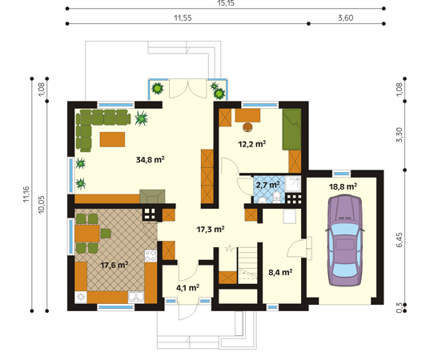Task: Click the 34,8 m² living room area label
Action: pyautogui.click(x=151, y=159)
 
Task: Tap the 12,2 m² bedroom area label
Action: pyautogui.click(x=251, y=144)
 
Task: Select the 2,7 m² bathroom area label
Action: pyautogui.click(x=267, y=185)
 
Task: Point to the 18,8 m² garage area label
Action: pyautogui.click(x=343, y=187)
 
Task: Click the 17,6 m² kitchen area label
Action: pyautogui.click(x=115, y=265)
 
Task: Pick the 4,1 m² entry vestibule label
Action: pyautogui.click(x=187, y=288)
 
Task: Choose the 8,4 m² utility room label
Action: pyautogui.click(x=280, y=272)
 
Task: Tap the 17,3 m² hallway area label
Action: pyautogui.click(x=211, y=229)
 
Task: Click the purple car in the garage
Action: pyautogui.click(x=345, y=241)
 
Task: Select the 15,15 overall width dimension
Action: pyautogui.click(x=226, y=3)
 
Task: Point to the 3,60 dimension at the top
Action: pyautogui.click(x=346, y=18)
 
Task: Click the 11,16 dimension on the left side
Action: pyautogui.click(x=26, y=194)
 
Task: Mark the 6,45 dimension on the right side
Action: pyautogui.click(x=400, y=240)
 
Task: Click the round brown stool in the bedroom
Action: pyautogui.click(x=248, y=127)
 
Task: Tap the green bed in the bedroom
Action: pyautogui.click(x=291, y=130)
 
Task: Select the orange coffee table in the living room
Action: pyautogui.click(x=112, y=139)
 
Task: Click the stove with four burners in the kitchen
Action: pyautogui.click(x=151, y=256)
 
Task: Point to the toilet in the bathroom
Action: pyautogui.click(x=276, y=197)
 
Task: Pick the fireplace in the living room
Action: pyautogui.click(x=152, y=197)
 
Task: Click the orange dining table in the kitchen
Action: pyautogui.click(x=87, y=234)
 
